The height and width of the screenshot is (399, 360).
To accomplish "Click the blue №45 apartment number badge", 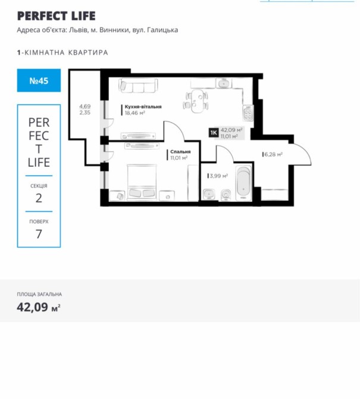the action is pyautogui.click(x=39, y=80).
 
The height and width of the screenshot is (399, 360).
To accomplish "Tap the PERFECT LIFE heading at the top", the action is pyautogui.click(x=56, y=16).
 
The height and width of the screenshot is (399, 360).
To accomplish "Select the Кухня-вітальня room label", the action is pyautogui.click(x=143, y=107).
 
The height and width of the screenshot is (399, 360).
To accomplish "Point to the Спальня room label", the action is pyautogui.click(x=180, y=152).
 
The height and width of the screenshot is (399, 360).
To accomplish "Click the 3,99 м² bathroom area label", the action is pyautogui.click(x=218, y=176).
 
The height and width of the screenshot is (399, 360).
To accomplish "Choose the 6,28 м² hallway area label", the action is pyautogui.click(x=273, y=154).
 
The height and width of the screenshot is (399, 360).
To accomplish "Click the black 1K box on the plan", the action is pyautogui.click(x=214, y=133).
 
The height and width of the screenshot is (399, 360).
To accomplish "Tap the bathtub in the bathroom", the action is pyautogui.click(x=243, y=183).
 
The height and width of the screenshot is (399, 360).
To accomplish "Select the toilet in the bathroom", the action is pyautogui.click(x=226, y=195).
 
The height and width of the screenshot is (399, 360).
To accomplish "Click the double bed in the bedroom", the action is pyautogui.click(x=142, y=182).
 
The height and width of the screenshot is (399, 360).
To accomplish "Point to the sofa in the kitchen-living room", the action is pyautogui.click(x=138, y=85).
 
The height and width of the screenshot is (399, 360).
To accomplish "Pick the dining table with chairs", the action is pyautogui.click(x=196, y=101).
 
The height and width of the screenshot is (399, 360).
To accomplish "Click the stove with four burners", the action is pyautogui.click(x=248, y=113).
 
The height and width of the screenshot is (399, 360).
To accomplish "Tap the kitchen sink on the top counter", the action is pyautogui.click(x=224, y=83).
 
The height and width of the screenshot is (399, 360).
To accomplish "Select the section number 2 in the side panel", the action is pyautogui.click(x=39, y=198).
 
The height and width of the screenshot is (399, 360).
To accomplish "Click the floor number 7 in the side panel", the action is pyautogui.click(x=39, y=234).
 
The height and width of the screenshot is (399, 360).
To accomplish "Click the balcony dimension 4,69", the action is pyautogui.click(x=85, y=107).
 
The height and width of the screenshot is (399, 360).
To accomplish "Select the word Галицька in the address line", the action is pyautogui.click(x=162, y=30).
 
